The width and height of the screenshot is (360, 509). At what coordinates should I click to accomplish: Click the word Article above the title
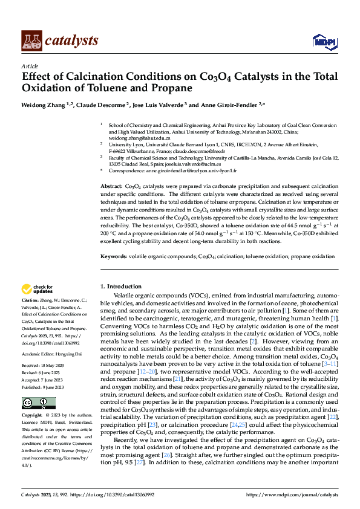pos(30,66)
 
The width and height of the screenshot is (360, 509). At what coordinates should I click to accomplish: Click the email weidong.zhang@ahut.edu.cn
pos(131,138)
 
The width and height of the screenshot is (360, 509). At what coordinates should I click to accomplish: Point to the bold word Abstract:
pos(111,187)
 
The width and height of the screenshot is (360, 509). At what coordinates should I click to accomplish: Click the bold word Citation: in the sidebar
pos(30,300)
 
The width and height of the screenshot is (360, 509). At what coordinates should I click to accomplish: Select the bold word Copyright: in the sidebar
pos(32,399)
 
